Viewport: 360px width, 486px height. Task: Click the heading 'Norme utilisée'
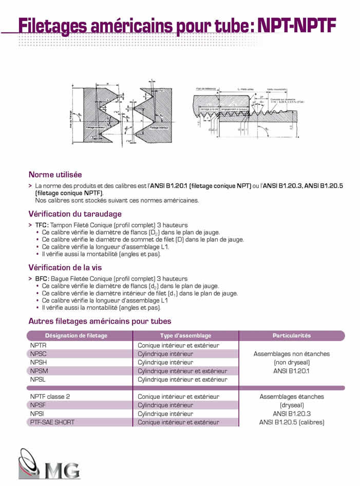pos(55,175)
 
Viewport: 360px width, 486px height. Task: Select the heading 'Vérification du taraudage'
pos(75,214)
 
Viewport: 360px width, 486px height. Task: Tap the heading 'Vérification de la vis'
pos(65,267)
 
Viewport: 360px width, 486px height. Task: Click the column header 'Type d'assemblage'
pos(185,335)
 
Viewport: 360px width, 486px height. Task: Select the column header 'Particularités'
pos(291,335)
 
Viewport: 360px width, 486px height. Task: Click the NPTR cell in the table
pos(39,345)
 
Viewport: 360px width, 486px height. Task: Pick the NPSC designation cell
pos(39,354)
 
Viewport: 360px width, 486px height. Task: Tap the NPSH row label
pos(39,362)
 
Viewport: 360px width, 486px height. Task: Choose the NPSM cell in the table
pos(39,371)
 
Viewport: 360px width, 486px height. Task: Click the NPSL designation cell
pos(39,379)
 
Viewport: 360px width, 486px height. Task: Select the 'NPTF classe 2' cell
pos(50,397)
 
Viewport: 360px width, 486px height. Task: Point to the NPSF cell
pos(39,405)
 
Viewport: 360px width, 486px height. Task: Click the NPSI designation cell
pos(37,414)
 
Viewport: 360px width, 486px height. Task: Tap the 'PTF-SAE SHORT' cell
pos(52,422)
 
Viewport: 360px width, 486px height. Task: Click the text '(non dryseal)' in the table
pos(291,362)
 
